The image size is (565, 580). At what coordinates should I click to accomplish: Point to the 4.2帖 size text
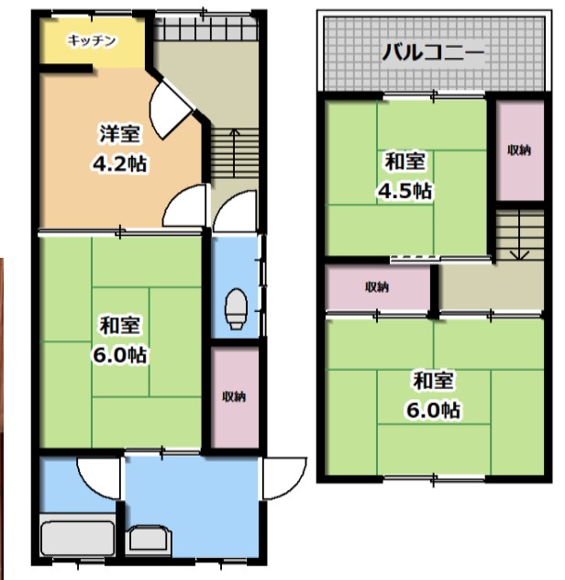[x=120, y=164]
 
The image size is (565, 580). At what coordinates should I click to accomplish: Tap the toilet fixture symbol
[x=235, y=307]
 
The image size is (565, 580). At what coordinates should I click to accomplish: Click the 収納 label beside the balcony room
[x=518, y=150]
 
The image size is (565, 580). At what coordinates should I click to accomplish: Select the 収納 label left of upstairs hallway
[x=377, y=287]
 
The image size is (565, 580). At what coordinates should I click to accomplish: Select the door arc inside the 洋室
[x=170, y=109]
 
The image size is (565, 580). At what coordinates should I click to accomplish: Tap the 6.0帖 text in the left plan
[x=120, y=354]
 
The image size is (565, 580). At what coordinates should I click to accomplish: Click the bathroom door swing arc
[x=98, y=475]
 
